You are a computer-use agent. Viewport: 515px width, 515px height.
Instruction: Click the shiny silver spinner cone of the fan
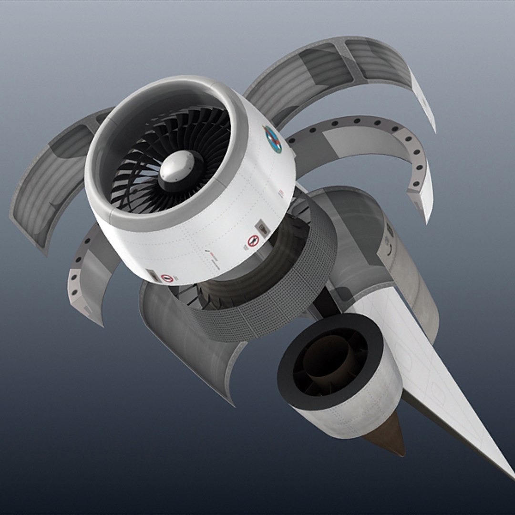click(x=177, y=167)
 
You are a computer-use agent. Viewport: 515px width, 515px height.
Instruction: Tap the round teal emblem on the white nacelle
click(x=273, y=139)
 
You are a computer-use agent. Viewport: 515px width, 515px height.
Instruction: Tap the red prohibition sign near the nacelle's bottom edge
click(x=166, y=278)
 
